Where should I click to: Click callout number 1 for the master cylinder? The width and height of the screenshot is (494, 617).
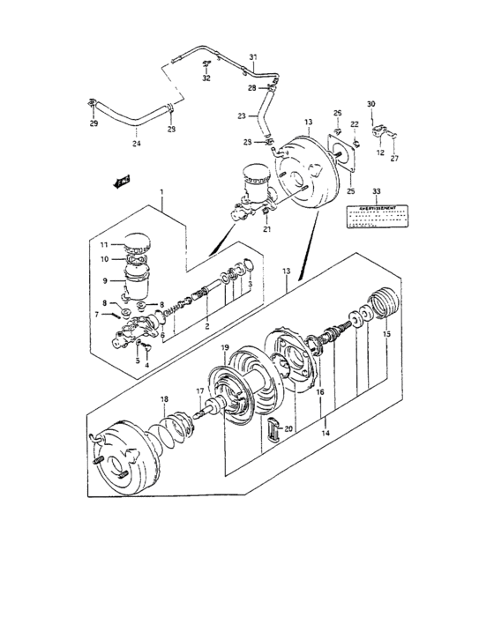pyautogui.click(x=161, y=192)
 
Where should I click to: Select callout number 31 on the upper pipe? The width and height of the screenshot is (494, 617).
pyautogui.click(x=251, y=58)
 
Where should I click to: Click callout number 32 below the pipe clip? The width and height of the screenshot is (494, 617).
pyautogui.click(x=206, y=78)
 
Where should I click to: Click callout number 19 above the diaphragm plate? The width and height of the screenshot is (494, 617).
pyautogui.click(x=225, y=347)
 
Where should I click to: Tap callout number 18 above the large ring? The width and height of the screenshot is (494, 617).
pyautogui.click(x=163, y=399)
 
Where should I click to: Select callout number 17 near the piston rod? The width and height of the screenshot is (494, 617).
pyautogui.click(x=199, y=391)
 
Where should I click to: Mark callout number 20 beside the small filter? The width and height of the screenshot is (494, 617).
pyautogui.click(x=288, y=428)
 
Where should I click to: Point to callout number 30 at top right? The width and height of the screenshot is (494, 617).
pyautogui.click(x=371, y=104)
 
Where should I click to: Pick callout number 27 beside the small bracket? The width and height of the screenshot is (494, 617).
pyautogui.click(x=393, y=159)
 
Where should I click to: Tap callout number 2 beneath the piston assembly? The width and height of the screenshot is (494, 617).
pyautogui.click(x=206, y=324)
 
